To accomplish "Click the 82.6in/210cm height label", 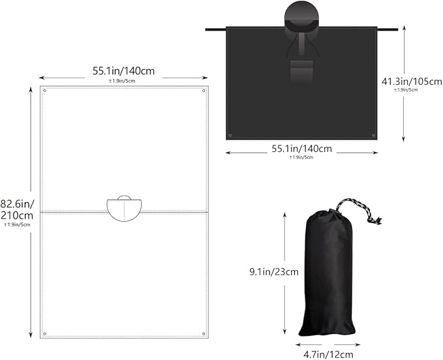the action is point(17,209).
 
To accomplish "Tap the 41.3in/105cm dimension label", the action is point(412,82).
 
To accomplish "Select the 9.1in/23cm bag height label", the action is point(274,271).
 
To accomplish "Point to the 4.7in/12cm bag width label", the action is point(328,354).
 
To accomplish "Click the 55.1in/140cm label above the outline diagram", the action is point(124,70).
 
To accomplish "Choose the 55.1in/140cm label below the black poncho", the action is point(301,149).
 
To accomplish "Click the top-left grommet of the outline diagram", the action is point(44,91).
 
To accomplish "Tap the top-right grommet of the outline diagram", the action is point(204,91).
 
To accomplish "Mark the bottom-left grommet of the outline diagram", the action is point(44,334).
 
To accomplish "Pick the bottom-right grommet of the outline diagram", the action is point(204,334).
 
